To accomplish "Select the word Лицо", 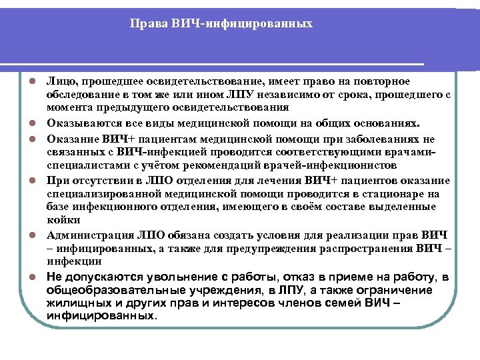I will [x=60, y=81].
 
